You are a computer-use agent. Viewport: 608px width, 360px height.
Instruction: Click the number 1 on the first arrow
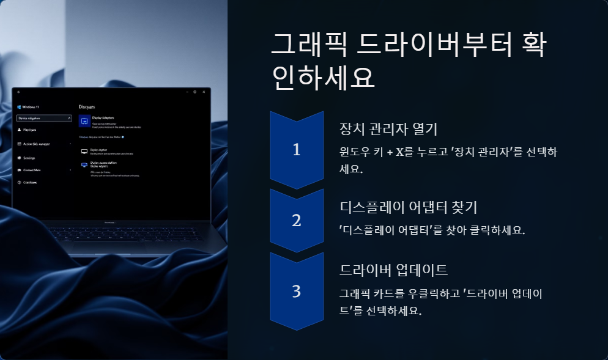point(297,150)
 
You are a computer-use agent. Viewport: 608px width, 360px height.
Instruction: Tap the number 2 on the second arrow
point(297,221)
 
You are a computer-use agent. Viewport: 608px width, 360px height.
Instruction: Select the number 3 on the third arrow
point(297,292)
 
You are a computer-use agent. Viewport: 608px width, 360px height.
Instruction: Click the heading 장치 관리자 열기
point(387,130)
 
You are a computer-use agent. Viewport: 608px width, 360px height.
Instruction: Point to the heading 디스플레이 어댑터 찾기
point(404,207)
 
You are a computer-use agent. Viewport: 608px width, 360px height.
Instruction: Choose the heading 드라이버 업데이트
point(393,270)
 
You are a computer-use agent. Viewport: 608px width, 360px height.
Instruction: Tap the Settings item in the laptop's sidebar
point(29,158)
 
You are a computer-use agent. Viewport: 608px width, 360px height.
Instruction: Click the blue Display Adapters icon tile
point(84,120)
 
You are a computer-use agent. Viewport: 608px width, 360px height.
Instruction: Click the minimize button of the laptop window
point(186,92)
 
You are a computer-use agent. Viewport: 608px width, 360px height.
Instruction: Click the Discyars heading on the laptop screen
point(87,106)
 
